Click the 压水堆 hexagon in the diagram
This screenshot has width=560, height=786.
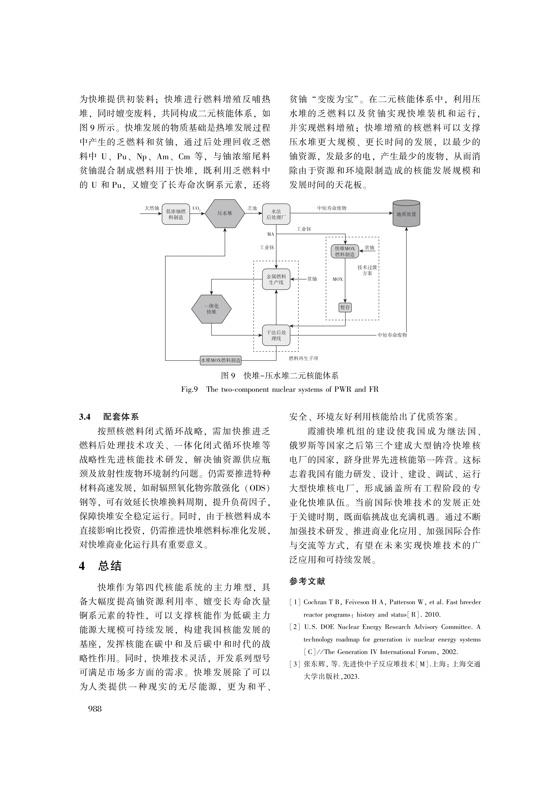225,213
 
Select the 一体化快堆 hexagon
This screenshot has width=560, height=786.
211,309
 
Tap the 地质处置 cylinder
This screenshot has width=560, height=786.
406,214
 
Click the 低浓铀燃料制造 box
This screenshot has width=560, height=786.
176,214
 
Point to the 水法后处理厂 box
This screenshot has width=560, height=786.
276,214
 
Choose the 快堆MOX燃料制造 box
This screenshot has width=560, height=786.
345,251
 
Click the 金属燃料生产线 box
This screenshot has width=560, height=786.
276,279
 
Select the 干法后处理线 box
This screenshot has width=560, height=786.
276,335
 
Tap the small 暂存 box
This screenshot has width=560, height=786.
345,307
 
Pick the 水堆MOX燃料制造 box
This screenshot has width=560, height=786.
221,360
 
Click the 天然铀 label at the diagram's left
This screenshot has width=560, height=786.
152,208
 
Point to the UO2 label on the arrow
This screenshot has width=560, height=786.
196,209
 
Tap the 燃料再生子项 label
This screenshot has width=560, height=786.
303,358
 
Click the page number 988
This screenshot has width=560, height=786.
95,708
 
